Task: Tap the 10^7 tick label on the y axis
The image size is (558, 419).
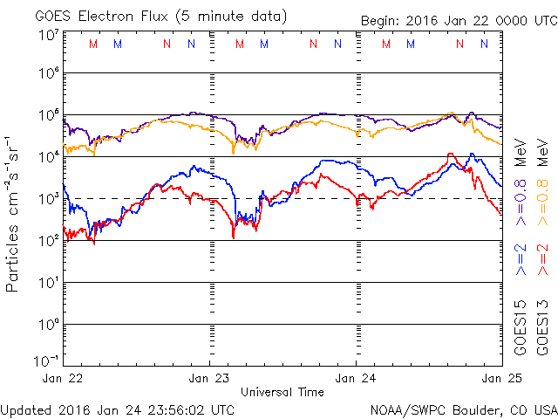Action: coord(47,35)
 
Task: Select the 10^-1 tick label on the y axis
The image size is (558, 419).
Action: coord(47,360)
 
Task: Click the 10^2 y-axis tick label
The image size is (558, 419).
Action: coord(47,239)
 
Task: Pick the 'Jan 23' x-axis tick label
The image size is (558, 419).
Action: coord(210,378)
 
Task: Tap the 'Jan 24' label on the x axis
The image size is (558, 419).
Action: coord(356,378)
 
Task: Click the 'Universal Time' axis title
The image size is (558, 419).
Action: coord(282,392)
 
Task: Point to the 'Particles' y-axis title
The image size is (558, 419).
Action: coord(13,253)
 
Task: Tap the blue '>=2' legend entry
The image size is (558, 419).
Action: coord(520,259)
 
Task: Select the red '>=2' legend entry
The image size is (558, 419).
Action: coord(542,259)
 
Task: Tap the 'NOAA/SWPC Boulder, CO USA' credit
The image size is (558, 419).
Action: coord(463,409)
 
